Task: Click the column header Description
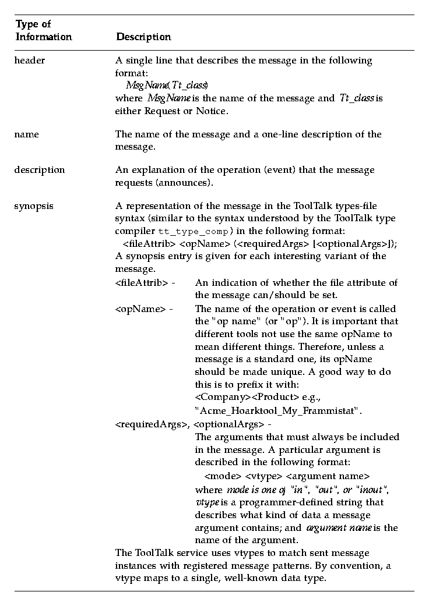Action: pyautogui.click(x=143, y=37)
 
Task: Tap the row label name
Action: pyautogui.click(x=26, y=134)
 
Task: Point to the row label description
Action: pyautogui.click(x=39, y=170)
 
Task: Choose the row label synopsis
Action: pyautogui.click(x=33, y=205)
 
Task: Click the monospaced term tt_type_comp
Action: pyautogui.click(x=183, y=231)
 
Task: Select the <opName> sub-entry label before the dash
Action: pyautogui.click(x=138, y=309)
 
